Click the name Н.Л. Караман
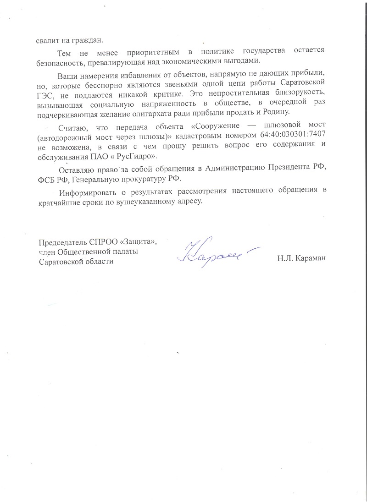coord(301,259)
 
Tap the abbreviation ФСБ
coord(46,180)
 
